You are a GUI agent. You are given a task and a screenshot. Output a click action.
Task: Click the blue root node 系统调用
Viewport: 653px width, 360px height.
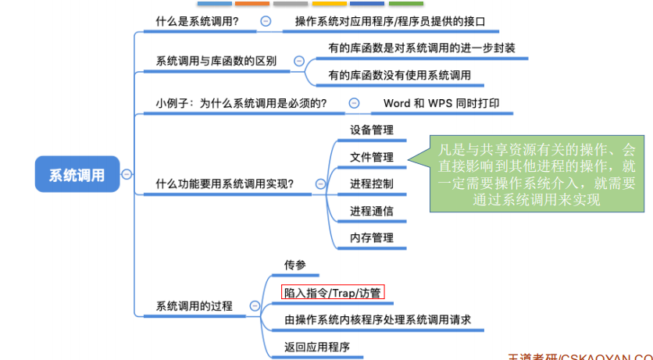click(x=76, y=175)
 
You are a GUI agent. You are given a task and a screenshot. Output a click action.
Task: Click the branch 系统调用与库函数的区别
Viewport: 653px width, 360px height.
click(x=216, y=61)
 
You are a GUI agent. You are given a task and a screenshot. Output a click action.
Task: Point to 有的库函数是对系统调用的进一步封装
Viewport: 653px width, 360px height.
click(x=422, y=47)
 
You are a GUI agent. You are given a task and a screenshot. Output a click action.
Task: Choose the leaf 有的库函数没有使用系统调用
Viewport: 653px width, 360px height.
click(x=399, y=75)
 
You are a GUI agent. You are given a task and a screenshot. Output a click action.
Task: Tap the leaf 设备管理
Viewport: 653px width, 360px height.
click(x=372, y=130)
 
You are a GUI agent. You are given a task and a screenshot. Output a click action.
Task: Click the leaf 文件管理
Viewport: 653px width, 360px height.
click(x=372, y=157)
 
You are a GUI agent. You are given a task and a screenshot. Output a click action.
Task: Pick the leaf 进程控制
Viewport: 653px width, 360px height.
click(x=372, y=184)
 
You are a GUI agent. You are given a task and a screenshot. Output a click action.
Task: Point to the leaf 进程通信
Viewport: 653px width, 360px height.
click(x=372, y=211)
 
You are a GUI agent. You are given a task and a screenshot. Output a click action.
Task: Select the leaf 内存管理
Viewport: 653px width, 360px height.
click(x=372, y=237)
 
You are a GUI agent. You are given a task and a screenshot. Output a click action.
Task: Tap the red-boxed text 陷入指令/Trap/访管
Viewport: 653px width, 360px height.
click(x=334, y=293)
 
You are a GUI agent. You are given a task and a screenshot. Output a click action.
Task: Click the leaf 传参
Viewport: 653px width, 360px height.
click(x=294, y=266)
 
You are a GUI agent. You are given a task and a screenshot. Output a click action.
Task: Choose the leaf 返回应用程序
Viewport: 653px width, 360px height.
click(x=316, y=347)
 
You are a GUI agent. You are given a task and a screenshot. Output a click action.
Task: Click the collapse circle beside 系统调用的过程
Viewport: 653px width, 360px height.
click(x=254, y=306)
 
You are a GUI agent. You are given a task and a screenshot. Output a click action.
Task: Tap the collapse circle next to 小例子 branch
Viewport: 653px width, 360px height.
click(x=354, y=102)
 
